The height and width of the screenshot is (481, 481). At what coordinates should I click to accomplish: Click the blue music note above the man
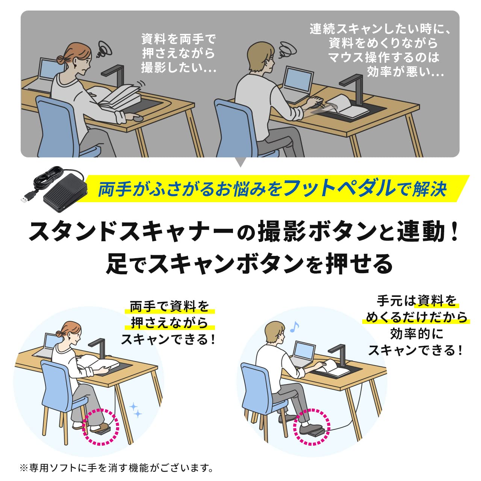[294, 327]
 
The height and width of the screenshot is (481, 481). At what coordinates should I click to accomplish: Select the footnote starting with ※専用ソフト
[116, 468]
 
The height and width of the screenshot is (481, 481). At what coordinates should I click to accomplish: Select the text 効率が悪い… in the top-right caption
[405, 71]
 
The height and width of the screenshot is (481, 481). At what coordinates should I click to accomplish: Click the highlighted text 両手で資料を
[169, 307]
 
